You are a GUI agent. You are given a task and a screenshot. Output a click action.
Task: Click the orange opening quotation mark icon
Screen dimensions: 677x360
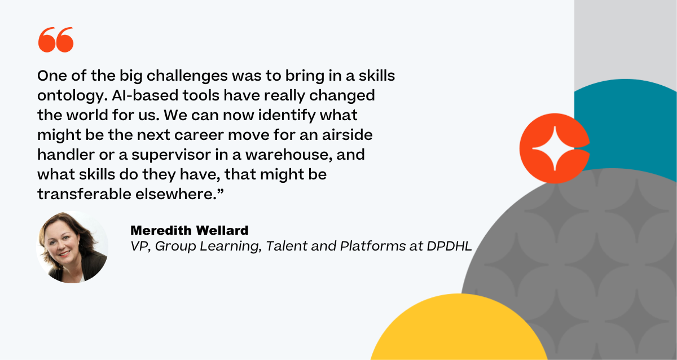pos(56,39)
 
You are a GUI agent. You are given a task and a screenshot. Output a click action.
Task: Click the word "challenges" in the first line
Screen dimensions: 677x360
pos(187,76)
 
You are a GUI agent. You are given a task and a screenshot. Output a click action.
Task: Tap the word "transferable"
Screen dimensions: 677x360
pos(84,194)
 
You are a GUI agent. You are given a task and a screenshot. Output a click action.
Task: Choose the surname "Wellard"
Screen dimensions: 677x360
pos(222,230)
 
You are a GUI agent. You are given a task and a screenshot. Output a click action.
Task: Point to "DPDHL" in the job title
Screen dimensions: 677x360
pos(449,246)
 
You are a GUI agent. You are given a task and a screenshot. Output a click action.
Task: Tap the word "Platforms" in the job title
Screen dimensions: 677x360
pos(373,246)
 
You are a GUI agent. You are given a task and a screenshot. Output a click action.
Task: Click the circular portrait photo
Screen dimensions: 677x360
pos(72,247)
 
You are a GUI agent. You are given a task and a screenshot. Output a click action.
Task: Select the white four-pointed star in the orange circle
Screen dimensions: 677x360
pos(555,148)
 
